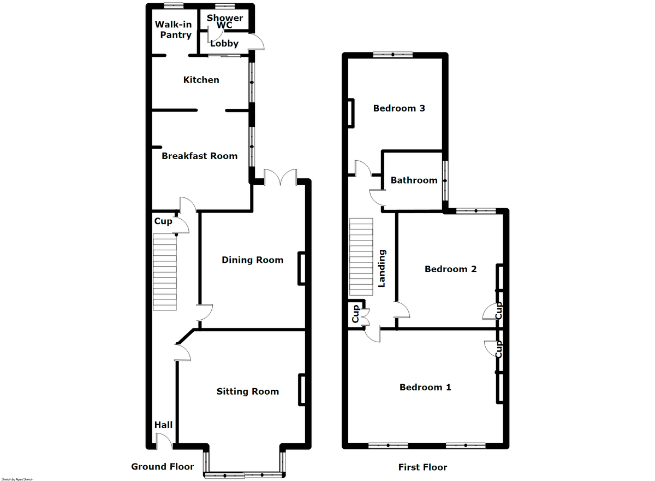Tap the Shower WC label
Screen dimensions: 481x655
coord(225,22)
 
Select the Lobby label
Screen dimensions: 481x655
coord(224,44)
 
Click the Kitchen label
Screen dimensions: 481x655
coord(201,80)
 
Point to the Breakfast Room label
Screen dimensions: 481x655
coord(199,156)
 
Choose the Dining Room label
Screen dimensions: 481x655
coord(252,260)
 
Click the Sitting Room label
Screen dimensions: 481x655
coord(247,391)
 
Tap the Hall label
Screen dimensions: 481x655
coord(163,425)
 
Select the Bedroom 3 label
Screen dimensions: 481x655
coord(399,108)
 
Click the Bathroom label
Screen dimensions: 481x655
coord(414,180)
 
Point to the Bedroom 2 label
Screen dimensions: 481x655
coord(450,269)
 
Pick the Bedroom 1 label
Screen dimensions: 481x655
coord(425,387)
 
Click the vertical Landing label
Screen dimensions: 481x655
coord(382,268)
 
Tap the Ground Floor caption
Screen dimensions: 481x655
coord(162,466)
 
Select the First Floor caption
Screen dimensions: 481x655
coord(422,467)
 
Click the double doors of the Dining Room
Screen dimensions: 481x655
coord(280,177)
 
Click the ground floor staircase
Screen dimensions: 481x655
coord(165,272)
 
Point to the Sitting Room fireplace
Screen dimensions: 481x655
coord(301,390)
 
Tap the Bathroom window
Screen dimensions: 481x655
coord(445,180)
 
